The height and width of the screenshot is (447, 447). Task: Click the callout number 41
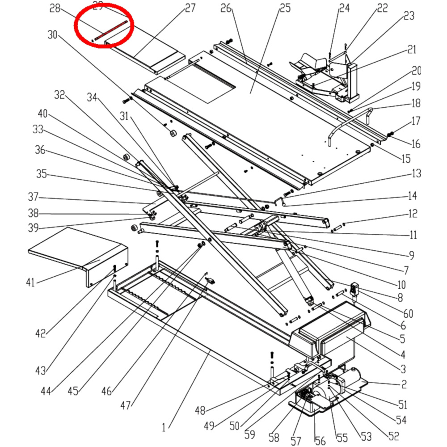[30, 282]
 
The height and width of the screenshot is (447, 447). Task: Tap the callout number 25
[285, 8]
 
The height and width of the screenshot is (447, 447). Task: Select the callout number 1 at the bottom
[164, 428]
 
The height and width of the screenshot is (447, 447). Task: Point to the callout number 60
[408, 313]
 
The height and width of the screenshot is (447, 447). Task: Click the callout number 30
[53, 34]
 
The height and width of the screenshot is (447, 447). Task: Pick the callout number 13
[416, 173]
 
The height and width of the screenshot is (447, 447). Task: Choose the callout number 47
[127, 405]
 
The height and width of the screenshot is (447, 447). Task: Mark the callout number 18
[416, 103]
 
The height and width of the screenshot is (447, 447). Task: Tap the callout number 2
[403, 384]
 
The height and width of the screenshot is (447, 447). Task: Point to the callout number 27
[190, 8]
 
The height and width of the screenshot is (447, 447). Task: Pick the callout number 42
[41, 333]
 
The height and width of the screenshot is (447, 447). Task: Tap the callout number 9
[411, 256]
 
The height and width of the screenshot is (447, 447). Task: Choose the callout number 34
[92, 97]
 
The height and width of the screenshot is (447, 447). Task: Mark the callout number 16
[416, 143]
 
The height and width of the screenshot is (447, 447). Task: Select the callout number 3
[403, 369]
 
